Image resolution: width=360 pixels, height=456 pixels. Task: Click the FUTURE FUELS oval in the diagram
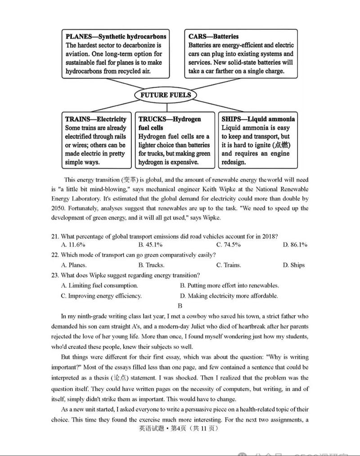click(x=165, y=95)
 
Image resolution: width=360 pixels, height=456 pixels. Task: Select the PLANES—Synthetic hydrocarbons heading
click(x=116, y=36)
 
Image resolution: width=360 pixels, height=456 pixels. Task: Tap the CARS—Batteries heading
click(x=213, y=36)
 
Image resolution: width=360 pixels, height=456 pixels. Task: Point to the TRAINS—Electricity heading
click(x=95, y=119)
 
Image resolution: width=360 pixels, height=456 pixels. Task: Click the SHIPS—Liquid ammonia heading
click(x=258, y=119)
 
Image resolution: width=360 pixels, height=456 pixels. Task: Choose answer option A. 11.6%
click(x=73, y=244)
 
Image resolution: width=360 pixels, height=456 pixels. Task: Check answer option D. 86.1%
click(x=295, y=244)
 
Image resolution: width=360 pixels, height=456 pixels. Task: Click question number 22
click(x=55, y=255)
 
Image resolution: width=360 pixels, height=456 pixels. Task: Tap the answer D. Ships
click(x=293, y=265)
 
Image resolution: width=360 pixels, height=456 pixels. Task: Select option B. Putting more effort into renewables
click(x=229, y=285)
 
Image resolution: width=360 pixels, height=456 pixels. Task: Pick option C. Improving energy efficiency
click(x=101, y=296)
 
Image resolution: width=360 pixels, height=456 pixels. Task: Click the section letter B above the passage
click(x=180, y=306)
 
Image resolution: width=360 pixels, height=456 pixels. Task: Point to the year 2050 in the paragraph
click(x=58, y=208)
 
